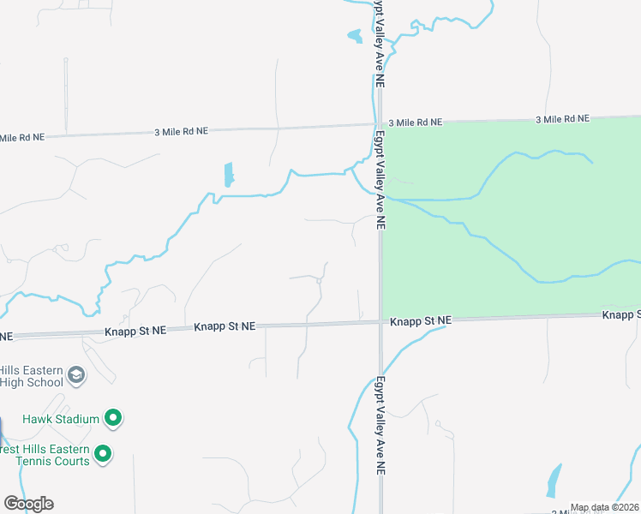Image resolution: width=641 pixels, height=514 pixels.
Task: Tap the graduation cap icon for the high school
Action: point(76,375)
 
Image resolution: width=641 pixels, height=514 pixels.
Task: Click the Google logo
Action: point(28,504)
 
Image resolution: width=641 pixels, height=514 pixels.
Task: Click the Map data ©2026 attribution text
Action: point(603,507)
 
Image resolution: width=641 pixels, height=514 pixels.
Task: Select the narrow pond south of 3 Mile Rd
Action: point(228,175)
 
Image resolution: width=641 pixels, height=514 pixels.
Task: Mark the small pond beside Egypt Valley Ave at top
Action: point(354,36)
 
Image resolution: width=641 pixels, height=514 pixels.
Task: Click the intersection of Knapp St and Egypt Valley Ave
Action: point(380,322)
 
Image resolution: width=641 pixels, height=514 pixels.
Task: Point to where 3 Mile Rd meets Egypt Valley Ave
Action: point(378,123)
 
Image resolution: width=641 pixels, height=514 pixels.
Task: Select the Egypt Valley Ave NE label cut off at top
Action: point(376,43)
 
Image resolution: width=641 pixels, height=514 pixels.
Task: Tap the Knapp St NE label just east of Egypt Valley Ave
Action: point(420,321)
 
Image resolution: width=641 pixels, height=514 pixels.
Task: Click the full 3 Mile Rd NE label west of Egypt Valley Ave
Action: point(181,131)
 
